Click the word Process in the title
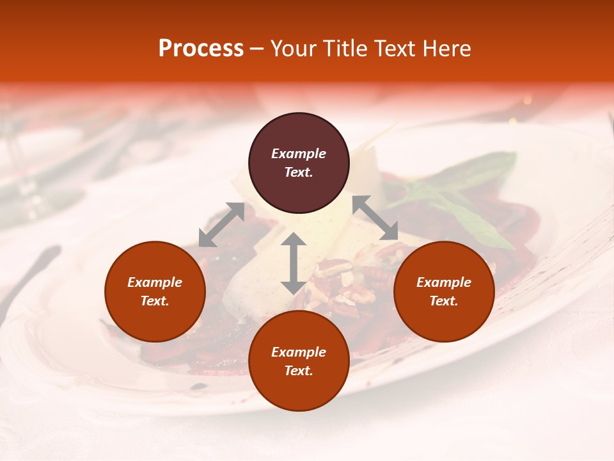pyautogui.click(x=201, y=49)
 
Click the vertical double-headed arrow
pyautogui.click(x=293, y=263)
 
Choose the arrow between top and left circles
pyautogui.click(x=221, y=225)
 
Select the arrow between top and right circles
pyautogui.click(x=375, y=218)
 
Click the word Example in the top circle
pyautogui.click(x=299, y=154)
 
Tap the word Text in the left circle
pyautogui.click(x=155, y=301)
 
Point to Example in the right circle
pyautogui.click(x=444, y=282)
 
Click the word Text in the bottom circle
pyautogui.click(x=299, y=371)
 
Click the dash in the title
pyautogui.click(x=256, y=49)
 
